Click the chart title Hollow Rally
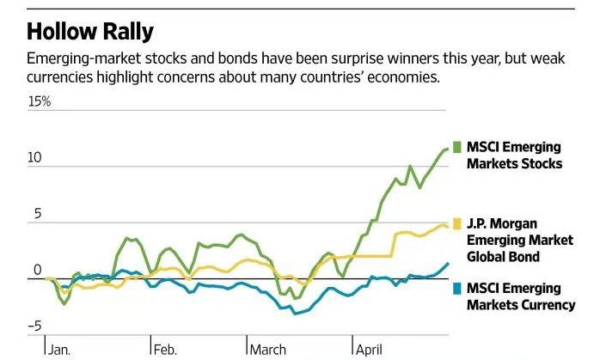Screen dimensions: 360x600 tap(90, 32)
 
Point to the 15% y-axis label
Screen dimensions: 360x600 tap(40, 101)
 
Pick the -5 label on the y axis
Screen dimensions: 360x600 tap(34, 326)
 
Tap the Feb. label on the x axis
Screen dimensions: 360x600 tap(166, 349)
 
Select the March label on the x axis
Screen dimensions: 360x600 tap(269, 349)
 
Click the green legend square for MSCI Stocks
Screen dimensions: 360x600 tap(457, 146)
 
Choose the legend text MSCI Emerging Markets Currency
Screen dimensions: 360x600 tap(520, 296)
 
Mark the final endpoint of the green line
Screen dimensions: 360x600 tap(448, 149)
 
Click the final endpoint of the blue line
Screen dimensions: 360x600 tap(448, 264)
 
